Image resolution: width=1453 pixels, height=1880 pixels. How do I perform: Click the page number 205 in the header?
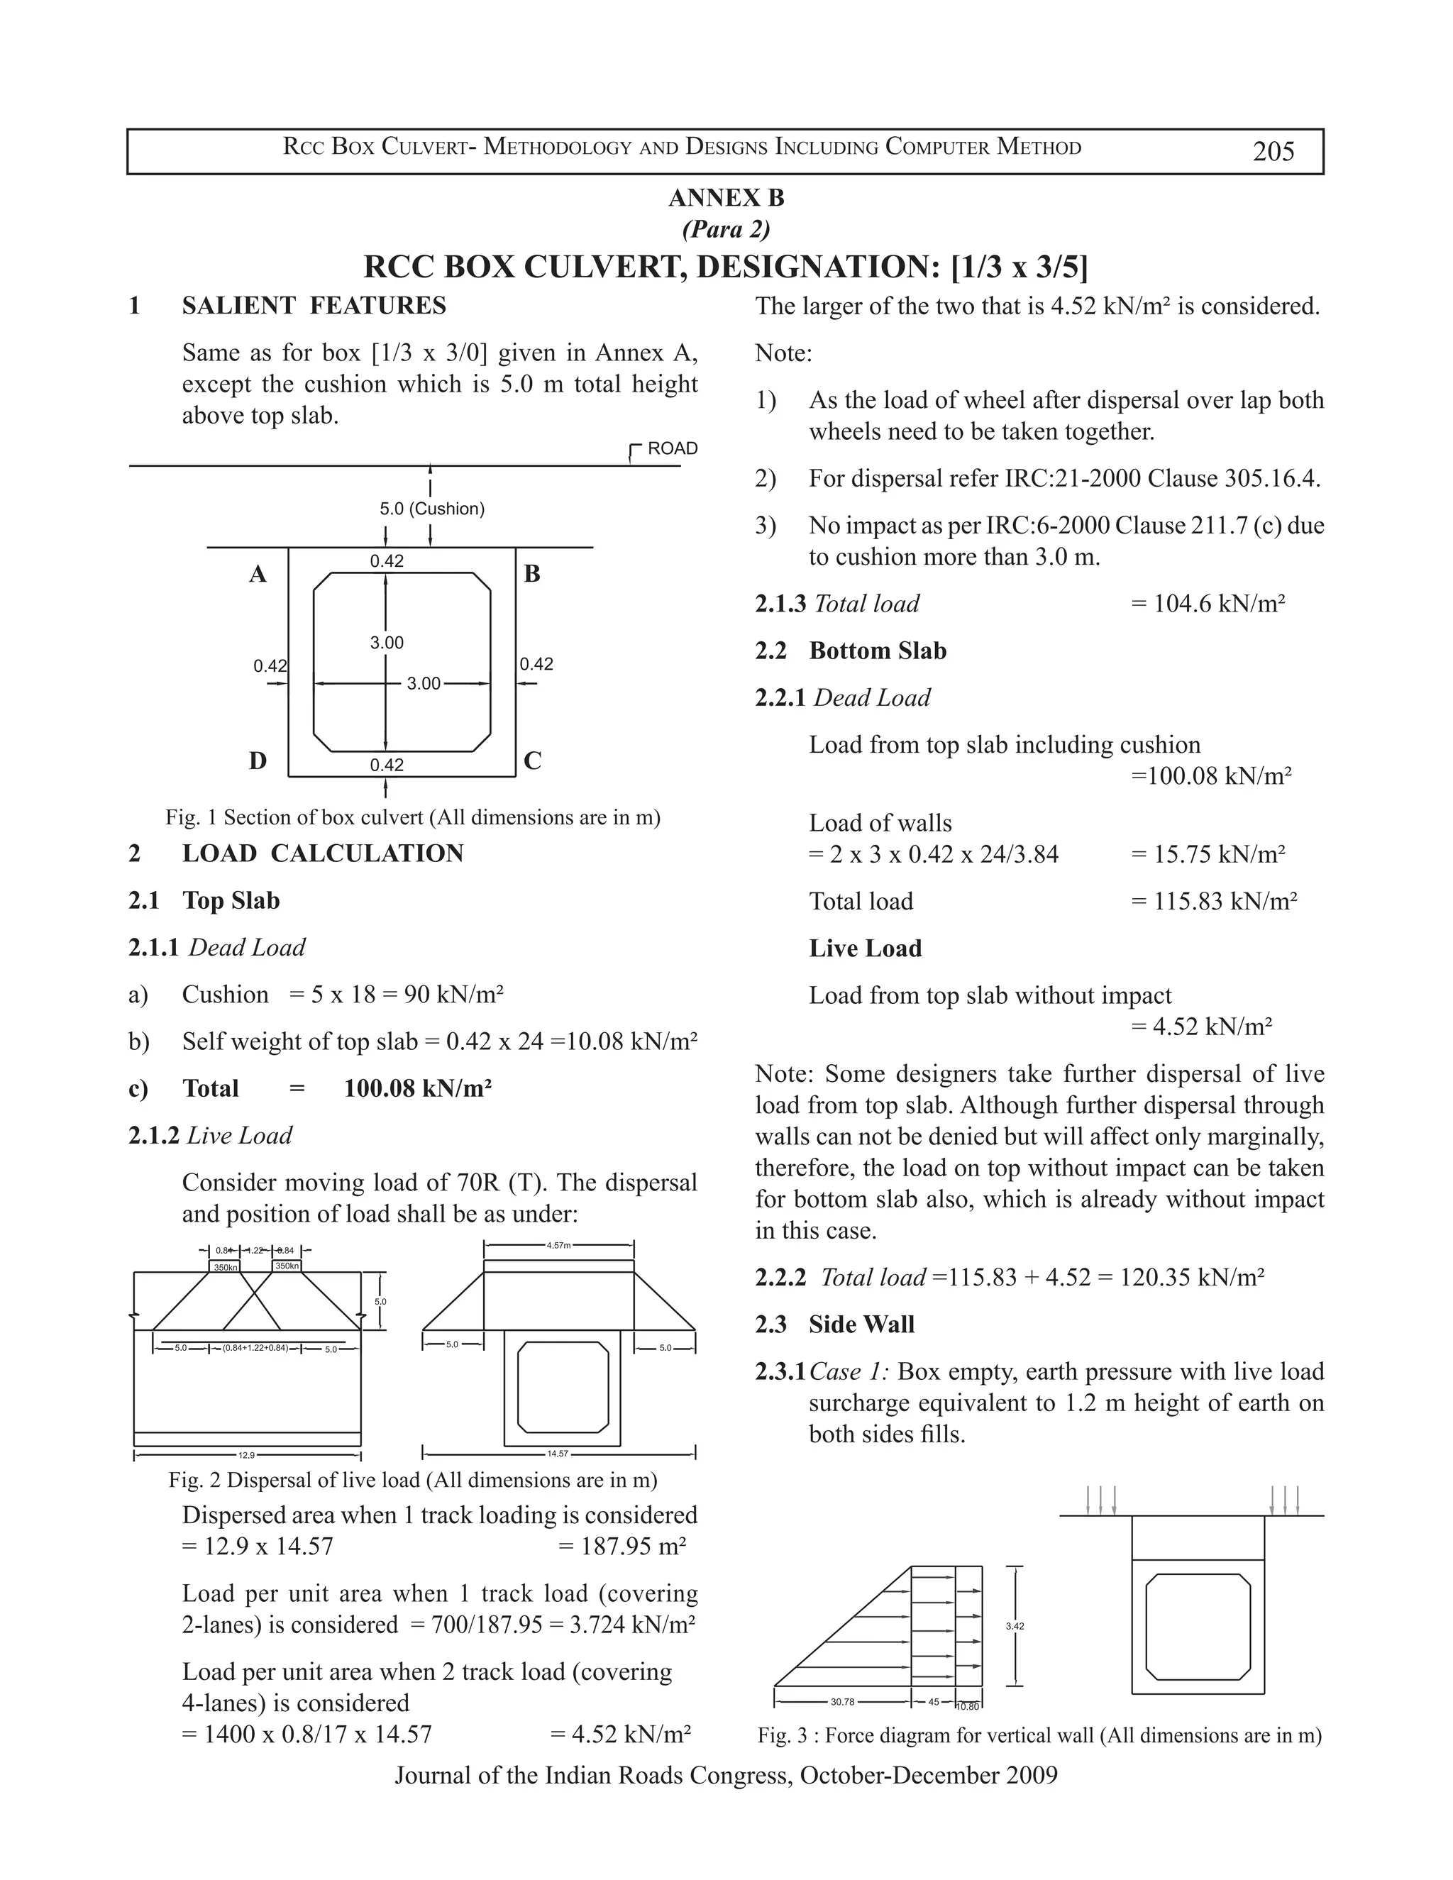pyautogui.click(x=1273, y=152)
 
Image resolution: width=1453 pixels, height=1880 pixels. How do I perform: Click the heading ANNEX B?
pyautogui.click(x=726, y=198)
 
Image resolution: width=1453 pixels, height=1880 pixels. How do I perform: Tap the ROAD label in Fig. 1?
pyautogui.click(x=671, y=448)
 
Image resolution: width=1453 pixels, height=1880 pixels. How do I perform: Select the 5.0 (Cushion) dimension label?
pyautogui.click(x=432, y=509)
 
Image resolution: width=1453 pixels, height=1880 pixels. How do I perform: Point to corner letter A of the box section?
pyautogui.click(x=258, y=574)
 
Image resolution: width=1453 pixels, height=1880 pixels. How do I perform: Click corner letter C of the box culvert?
pyautogui.click(x=532, y=761)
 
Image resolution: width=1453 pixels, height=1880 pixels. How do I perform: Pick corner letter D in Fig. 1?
pyautogui.click(x=258, y=761)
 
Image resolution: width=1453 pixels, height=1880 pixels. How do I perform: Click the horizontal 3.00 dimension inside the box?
pyautogui.click(x=424, y=683)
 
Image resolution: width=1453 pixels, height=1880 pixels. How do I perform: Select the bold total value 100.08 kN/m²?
pyautogui.click(x=417, y=1089)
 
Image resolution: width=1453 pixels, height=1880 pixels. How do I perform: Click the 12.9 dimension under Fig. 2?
pyautogui.click(x=246, y=1456)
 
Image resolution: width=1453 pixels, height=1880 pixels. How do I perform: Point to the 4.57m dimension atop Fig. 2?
pyautogui.click(x=558, y=1245)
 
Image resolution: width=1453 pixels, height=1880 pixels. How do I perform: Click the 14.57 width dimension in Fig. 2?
pyautogui.click(x=557, y=1454)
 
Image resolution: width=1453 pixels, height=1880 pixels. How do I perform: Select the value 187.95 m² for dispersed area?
pyautogui.click(x=621, y=1547)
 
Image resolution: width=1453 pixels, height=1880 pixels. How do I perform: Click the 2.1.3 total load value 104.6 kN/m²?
pyautogui.click(x=1207, y=604)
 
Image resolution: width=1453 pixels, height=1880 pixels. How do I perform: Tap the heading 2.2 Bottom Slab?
pyautogui.click(x=851, y=651)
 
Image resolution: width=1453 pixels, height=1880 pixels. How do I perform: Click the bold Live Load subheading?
pyautogui.click(x=865, y=949)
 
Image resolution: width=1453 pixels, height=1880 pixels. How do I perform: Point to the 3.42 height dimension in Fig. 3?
pyautogui.click(x=1015, y=1626)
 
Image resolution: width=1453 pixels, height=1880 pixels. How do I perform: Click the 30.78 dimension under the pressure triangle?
pyautogui.click(x=842, y=1702)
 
